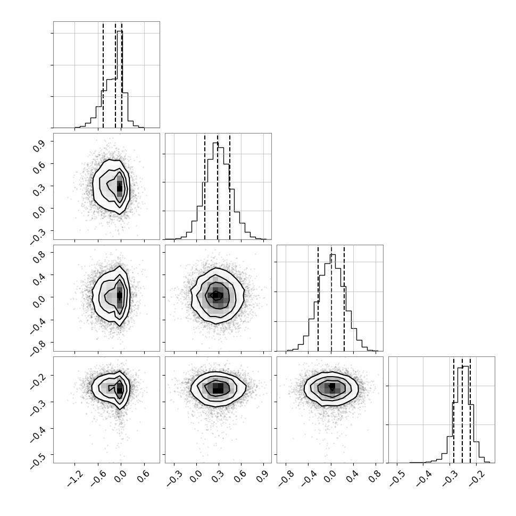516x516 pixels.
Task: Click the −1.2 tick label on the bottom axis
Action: click(x=74, y=478)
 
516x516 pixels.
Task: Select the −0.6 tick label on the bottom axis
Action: click(x=98, y=478)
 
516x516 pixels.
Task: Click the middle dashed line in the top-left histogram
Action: click(x=115, y=74)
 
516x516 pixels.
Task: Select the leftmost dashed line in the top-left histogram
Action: click(x=103, y=74)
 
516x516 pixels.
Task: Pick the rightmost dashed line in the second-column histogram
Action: click(x=230, y=186)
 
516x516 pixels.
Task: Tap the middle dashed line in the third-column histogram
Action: click(x=331, y=298)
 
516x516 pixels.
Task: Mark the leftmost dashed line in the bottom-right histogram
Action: click(x=453, y=410)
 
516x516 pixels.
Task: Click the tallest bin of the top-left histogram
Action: click(x=120, y=79)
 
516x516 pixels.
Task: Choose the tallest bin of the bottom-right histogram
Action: click(x=465, y=414)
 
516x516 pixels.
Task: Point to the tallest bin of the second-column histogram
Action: click(x=215, y=191)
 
